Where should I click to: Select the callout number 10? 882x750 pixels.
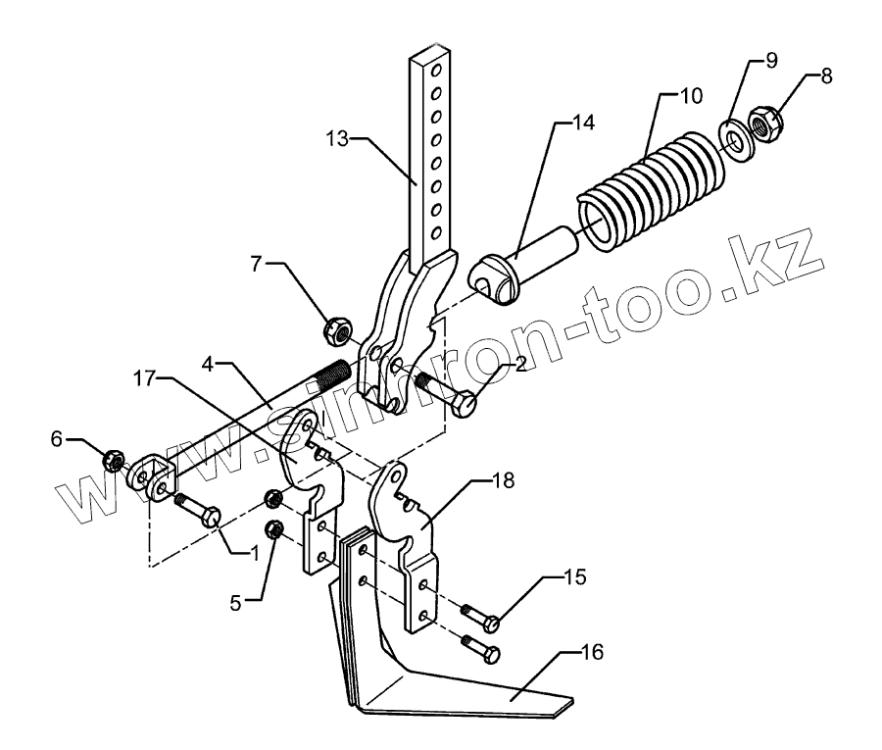pyautogui.click(x=692, y=97)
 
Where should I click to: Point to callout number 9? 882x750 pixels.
pyautogui.click(x=770, y=62)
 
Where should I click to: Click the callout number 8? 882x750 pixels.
pyautogui.click(x=827, y=75)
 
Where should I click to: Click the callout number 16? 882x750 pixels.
pyautogui.click(x=594, y=650)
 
